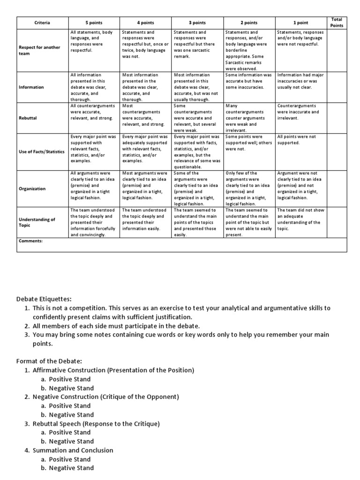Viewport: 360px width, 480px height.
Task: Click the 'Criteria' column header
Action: point(42,22)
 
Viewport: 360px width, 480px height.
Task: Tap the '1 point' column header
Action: point(300,22)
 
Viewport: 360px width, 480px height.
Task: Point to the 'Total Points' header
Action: point(337,22)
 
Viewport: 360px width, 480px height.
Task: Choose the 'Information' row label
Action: point(31,87)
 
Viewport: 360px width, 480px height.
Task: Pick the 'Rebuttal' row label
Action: point(28,118)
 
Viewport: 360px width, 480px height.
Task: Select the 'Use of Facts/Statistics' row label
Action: point(41,152)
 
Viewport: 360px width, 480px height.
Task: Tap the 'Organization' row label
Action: point(32,188)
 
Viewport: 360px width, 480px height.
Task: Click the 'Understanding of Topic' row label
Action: point(37,222)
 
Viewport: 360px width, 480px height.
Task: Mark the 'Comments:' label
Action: point(30,241)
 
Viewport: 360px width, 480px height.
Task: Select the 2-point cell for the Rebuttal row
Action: point(248,118)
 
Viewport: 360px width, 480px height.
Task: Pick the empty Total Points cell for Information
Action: point(337,87)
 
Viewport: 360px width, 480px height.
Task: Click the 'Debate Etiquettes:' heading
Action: point(45,299)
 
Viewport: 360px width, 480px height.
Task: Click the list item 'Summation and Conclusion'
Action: point(73,450)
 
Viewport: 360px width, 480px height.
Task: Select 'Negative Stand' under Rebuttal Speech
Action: point(72,441)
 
